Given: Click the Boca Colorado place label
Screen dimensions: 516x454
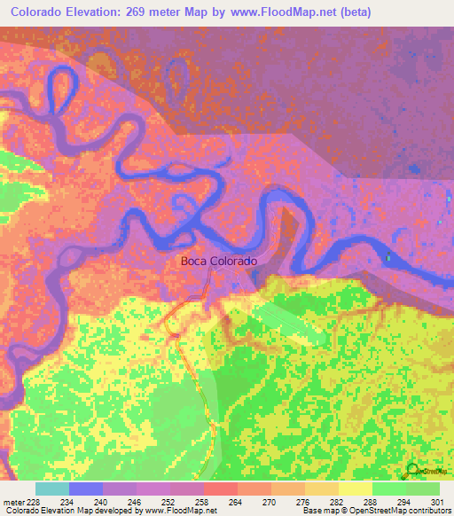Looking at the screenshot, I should pyautogui.click(x=219, y=261).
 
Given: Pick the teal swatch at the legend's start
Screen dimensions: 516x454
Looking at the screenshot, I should pyautogui.click(x=52, y=489).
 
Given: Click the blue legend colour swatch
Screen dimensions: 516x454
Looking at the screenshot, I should pyautogui.click(x=86, y=489).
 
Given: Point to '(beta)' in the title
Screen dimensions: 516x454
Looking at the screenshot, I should pyautogui.click(x=349, y=12).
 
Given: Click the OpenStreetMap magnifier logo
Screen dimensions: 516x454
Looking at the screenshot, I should pyautogui.click(x=413, y=470).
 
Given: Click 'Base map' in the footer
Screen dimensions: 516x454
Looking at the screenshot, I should pyautogui.click(x=317, y=511).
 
